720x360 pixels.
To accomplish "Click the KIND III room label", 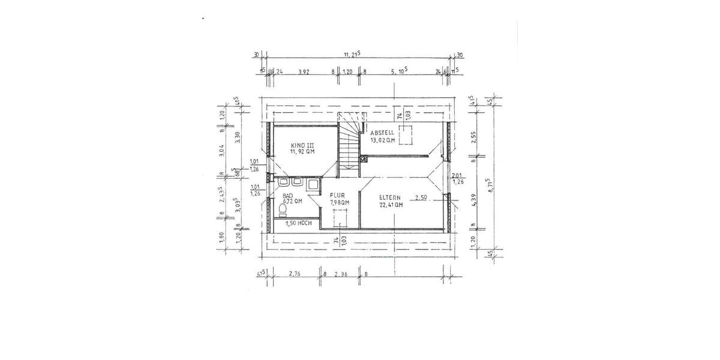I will [x=302, y=146].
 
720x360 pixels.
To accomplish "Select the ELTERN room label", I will [x=390, y=197].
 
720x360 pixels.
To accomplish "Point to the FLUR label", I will [x=336, y=196].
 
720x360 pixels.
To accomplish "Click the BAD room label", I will [x=288, y=196].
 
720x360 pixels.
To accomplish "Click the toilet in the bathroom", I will [x=283, y=209].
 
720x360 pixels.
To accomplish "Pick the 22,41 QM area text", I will [x=391, y=204].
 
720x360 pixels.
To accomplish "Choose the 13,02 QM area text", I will [x=383, y=140].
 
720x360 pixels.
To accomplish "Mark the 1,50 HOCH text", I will [x=298, y=223].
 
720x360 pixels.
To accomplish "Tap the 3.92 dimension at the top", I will [x=304, y=71].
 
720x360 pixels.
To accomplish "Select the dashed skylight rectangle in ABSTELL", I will [x=406, y=135].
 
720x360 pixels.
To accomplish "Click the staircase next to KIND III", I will [x=349, y=144].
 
